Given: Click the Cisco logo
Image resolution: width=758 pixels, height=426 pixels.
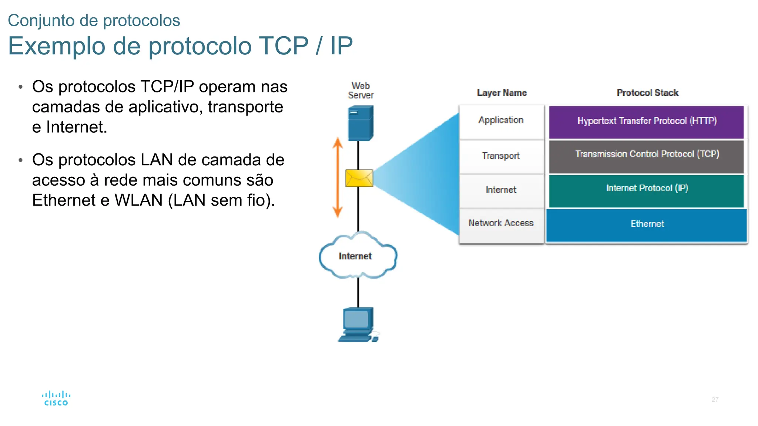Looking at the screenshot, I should [56, 399].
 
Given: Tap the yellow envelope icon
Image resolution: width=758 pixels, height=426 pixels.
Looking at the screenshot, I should [359, 178].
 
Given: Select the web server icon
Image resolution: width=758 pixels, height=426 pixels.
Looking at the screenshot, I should [360, 123].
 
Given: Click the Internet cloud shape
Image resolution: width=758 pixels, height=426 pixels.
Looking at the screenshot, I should [358, 256].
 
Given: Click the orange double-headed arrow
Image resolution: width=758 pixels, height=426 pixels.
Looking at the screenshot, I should [337, 177].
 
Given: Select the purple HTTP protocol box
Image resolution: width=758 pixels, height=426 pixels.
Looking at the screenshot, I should [646, 122].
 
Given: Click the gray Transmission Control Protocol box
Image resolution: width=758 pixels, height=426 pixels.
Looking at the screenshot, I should [646, 155].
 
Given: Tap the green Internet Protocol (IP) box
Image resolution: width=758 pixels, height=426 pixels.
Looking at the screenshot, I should [646, 189].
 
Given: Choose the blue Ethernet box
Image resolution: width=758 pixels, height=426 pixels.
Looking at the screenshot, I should [646, 224].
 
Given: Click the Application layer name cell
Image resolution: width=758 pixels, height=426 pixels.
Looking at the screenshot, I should [501, 121].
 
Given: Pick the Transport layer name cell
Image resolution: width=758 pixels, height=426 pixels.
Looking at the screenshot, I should [501, 156].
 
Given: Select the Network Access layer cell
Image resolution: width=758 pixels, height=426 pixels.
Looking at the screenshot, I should [501, 224].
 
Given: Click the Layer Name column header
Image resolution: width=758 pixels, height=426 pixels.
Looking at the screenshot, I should [502, 93].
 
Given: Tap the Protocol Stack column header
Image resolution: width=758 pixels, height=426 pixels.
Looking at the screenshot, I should [647, 93].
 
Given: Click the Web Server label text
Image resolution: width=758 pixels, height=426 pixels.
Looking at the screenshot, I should [360, 91].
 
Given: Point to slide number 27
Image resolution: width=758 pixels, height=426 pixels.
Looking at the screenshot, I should [715, 399].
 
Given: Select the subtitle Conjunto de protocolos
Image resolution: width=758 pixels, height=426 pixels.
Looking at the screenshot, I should [94, 20].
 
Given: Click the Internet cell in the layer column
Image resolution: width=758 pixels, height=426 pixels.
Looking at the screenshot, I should [501, 190].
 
